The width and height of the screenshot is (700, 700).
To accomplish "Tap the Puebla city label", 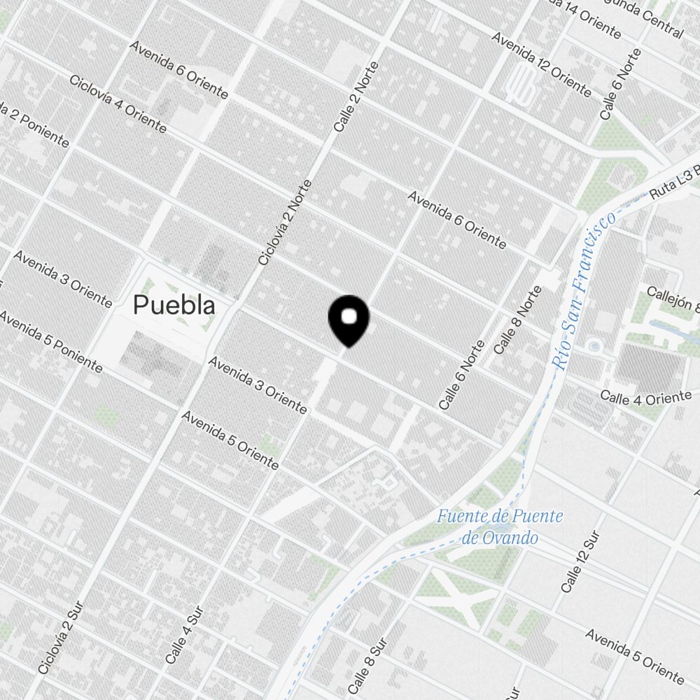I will (x=174, y=305).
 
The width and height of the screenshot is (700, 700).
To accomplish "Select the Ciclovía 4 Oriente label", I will (x=118, y=103).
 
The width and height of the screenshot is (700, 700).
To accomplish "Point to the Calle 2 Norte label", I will (x=356, y=97).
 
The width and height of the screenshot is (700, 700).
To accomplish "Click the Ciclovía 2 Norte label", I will (x=284, y=223).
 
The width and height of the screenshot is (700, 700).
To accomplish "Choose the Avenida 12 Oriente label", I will (x=541, y=63).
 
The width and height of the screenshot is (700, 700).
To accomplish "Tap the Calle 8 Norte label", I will (x=517, y=319).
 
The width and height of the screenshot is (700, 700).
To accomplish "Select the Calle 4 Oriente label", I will (x=645, y=398).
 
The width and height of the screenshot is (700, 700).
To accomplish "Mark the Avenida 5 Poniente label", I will (x=51, y=341).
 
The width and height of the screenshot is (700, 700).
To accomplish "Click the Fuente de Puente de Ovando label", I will (x=500, y=527).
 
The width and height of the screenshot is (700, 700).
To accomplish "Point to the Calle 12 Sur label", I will (x=580, y=562).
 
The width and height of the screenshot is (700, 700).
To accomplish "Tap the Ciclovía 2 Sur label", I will (x=61, y=637).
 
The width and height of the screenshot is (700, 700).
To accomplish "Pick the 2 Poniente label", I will (x=35, y=126).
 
